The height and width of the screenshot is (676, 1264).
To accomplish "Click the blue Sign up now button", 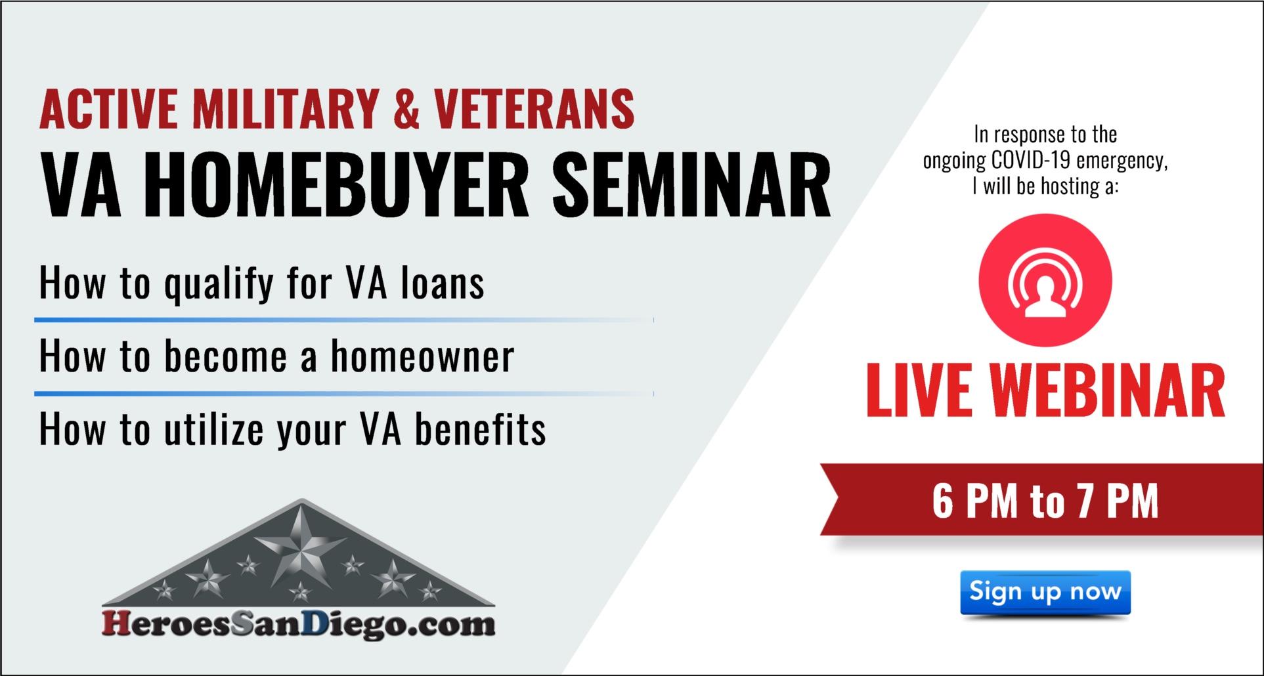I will click(1045, 593).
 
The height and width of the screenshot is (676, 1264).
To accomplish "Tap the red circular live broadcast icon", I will click(1045, 280).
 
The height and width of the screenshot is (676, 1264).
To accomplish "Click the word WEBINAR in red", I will click(1108, 391).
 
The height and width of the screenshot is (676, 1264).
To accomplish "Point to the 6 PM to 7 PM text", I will click(1045, 501).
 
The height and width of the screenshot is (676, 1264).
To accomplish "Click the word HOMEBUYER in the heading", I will click(341, 186).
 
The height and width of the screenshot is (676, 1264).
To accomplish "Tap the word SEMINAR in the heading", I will click(691, 186).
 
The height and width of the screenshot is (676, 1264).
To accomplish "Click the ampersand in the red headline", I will click(406, 109).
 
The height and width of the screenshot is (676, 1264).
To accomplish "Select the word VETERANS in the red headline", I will click(534, 109).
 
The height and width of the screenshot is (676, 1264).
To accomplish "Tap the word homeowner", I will click(422, 356).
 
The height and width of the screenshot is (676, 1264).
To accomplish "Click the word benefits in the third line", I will click(479, 430).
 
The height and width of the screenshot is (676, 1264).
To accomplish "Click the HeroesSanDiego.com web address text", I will click(299, 623).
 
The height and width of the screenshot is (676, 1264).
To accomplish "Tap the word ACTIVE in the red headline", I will click(108, 109).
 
